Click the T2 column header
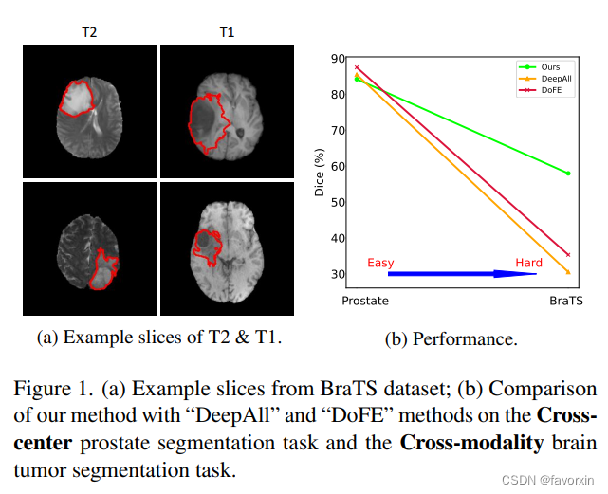click(x=88, y=32)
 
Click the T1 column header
click(x=227, y=32)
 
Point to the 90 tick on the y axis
click(x=338, y=59)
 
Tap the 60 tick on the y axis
click(x=338, y=167)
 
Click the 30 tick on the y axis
click(x=338, y=275)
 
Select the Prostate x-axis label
click(x=365, y=300)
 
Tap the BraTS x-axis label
click(x=566, y=300)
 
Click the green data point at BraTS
click(x=568, y=174)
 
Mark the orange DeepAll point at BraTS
click(x=568, y=272)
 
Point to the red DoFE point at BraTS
click(x=568, y=254)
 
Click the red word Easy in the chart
click(x=379, y=263)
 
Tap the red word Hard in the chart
click(x=528, y=263)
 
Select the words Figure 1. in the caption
click(x=54, y=390)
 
